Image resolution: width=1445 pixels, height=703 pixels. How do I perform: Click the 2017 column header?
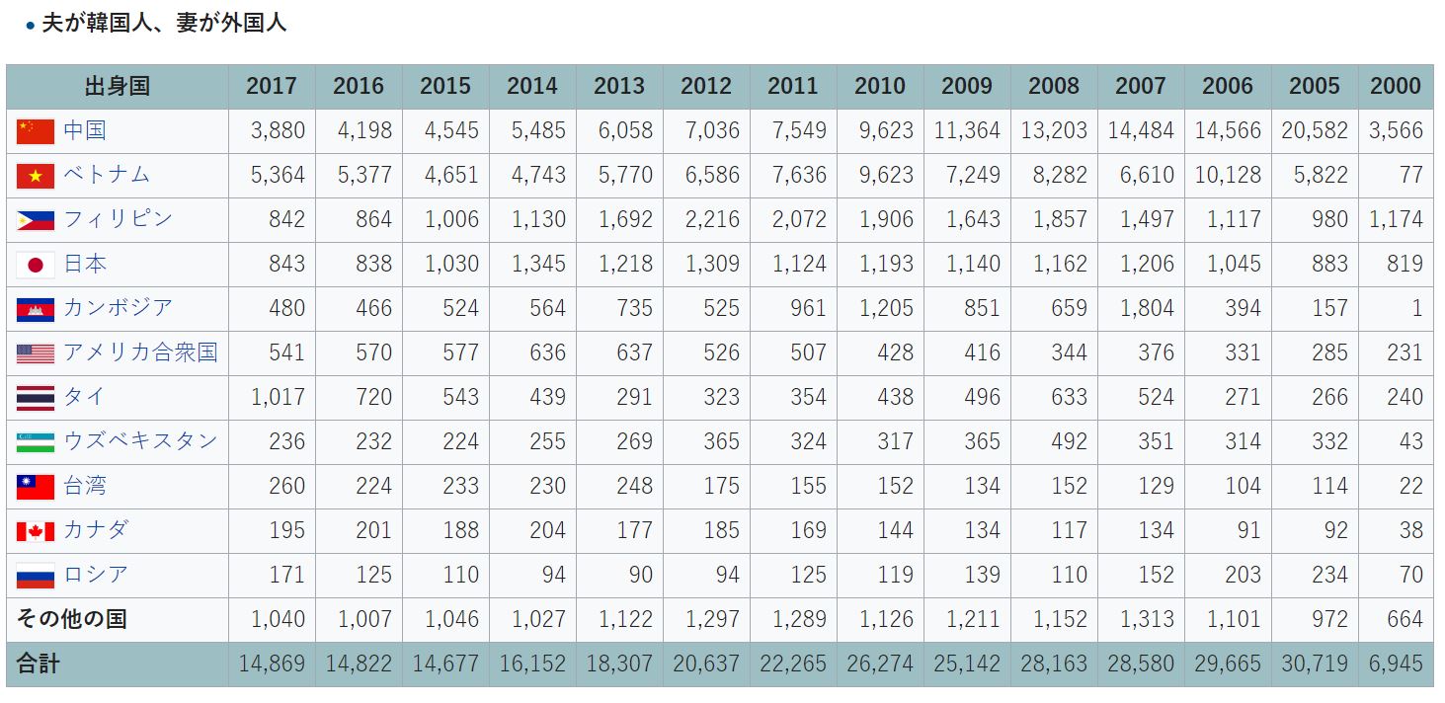(x=272, y=86)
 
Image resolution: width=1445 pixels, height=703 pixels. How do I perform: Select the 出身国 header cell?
(x=118, y=87)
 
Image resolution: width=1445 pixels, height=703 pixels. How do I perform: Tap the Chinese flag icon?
(x=36, y=131)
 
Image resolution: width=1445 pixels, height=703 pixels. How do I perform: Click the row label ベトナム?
(x=107, y=174)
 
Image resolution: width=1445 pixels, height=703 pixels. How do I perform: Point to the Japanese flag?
(x=36, y=265)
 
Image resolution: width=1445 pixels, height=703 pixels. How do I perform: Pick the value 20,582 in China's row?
(x=1315, y=130)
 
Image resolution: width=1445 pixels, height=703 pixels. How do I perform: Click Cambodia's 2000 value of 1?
(x=1416, y=308)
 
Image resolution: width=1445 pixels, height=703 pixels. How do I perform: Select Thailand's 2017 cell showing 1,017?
(x=278, y=397)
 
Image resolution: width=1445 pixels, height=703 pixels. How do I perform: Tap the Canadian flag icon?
(x=36, y=531)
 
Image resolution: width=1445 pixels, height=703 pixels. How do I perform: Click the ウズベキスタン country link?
(x=140, y=441)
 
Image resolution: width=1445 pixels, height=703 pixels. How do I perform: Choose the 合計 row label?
(x=39, y=664)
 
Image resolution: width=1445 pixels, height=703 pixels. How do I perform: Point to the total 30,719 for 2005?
(x=1315, y=664)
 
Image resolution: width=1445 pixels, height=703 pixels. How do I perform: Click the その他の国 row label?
(x=71, y=619)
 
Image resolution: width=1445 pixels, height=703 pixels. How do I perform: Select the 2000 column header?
(x=1396, y=86)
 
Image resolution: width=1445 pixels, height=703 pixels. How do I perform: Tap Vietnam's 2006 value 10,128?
(x=1228, y=175)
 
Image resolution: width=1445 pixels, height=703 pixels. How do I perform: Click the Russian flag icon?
(x=36, y=576)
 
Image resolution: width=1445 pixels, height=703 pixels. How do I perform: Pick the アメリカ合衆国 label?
(x=140, y=352)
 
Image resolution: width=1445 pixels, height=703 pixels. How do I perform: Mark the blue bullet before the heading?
(x=30, y=26)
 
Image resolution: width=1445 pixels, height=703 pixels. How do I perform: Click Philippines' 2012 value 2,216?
(x=712, y=219)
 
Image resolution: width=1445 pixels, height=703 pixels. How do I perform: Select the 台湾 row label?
(x=85, y=486)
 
